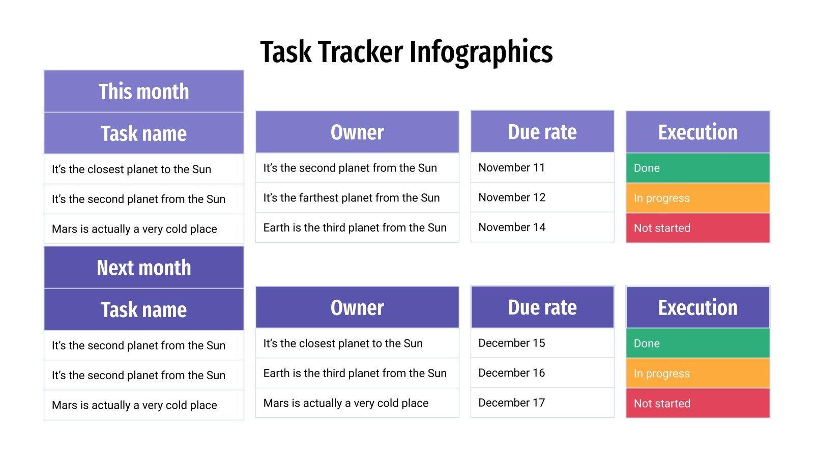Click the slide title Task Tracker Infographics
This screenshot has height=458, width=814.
(406, 52)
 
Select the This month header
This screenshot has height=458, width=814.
(143, 92)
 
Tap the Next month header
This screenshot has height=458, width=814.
(143, 268)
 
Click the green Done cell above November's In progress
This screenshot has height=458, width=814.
(697, 168)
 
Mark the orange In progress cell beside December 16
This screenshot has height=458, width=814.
(697, 374)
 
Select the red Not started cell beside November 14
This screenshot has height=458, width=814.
(697, 228)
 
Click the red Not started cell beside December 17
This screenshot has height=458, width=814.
(697, 404)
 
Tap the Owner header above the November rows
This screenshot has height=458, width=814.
(357, 132)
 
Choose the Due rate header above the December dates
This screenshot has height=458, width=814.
(542, 307)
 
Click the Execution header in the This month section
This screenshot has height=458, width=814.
(697, 132)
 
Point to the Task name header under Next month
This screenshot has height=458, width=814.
(143, 309)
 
